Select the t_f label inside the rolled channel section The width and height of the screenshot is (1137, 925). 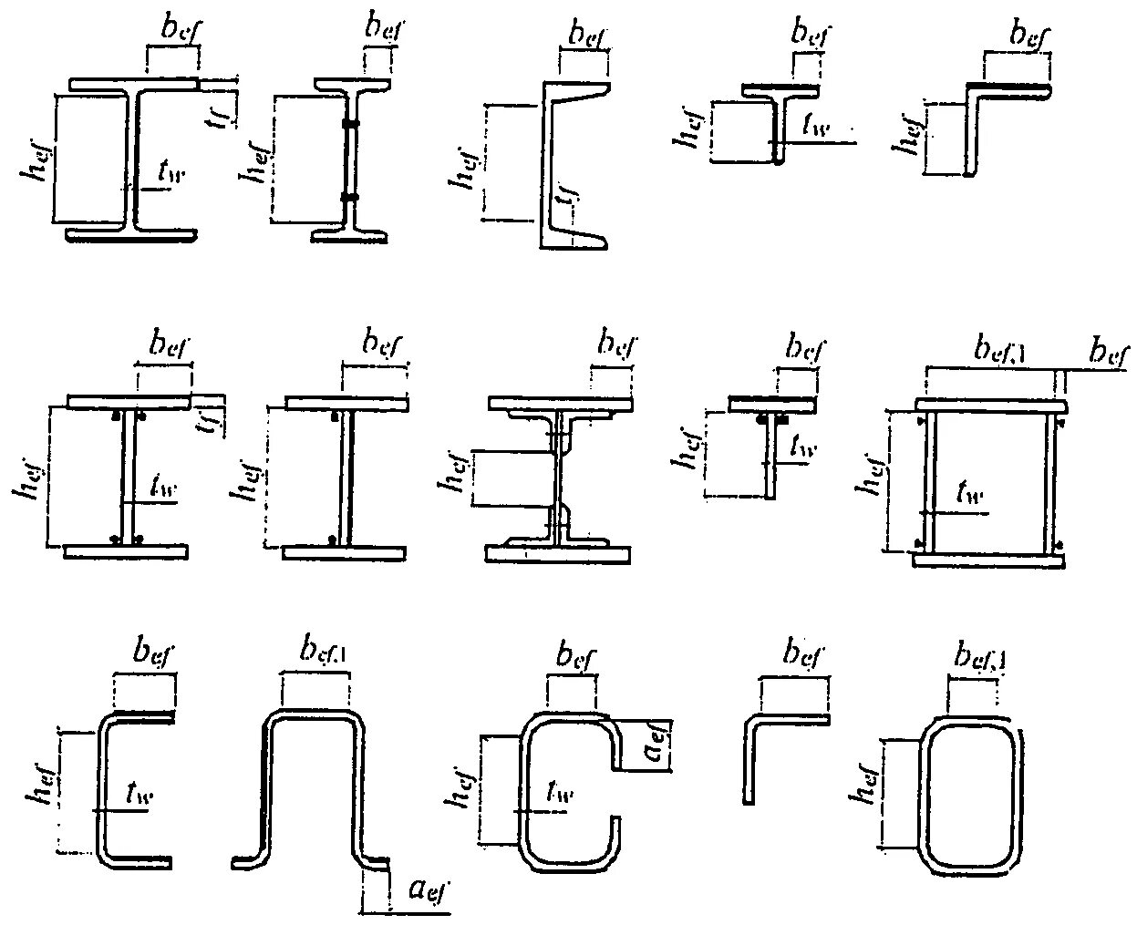coord(568,196)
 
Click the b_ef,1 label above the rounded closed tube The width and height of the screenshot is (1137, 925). coord(977,654)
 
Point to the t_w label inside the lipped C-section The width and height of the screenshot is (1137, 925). coord(558,794)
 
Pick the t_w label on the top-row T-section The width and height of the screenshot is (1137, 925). coord(814,127)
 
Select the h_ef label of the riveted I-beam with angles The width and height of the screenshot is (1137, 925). coord(454,474)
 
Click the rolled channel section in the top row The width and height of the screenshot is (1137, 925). coord(556,164)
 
